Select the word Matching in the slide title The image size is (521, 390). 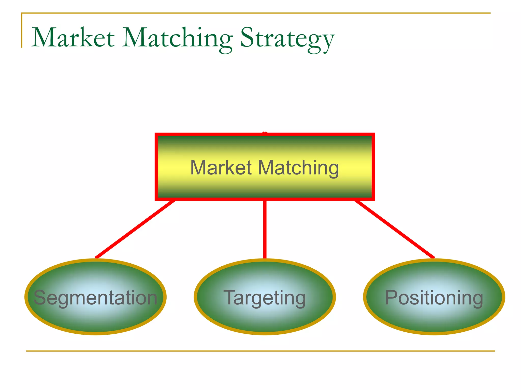[x=177, y=38]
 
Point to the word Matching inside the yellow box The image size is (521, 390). [x=298, y=168]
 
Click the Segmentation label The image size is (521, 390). [x=95, y=298]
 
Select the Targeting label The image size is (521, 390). [x=265, y=298]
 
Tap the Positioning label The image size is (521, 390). [x=434, y=298]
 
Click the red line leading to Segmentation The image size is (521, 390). [x=135, y=229]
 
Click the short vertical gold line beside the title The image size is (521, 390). [x=22, y=30]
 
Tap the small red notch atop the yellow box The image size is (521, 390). [x=265, y=133]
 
